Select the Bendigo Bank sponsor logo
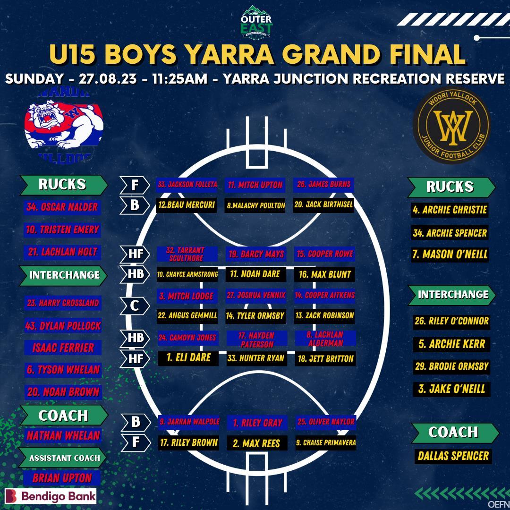pyautogui.click(x=51, y=496)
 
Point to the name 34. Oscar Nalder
pyautogui.click(x=62, y=207)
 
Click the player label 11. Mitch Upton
pyautogui.click(x=255, y=185)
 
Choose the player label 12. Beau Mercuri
pyautogui.click(x=187, y=205)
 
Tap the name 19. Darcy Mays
pyautogui.click(x=256, y=254)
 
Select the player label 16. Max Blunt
pyautogui.click(x=325, y=274)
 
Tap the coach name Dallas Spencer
pyautogui.click(x=453, y=456)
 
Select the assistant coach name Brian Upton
pyautogui.click(x=62, y=477)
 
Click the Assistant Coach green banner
pyautogui.click(x=64, y=458)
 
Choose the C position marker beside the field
pyautogui.click(x=135, y=306)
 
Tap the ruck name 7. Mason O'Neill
pyautogui.click(x=450, y=255)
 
